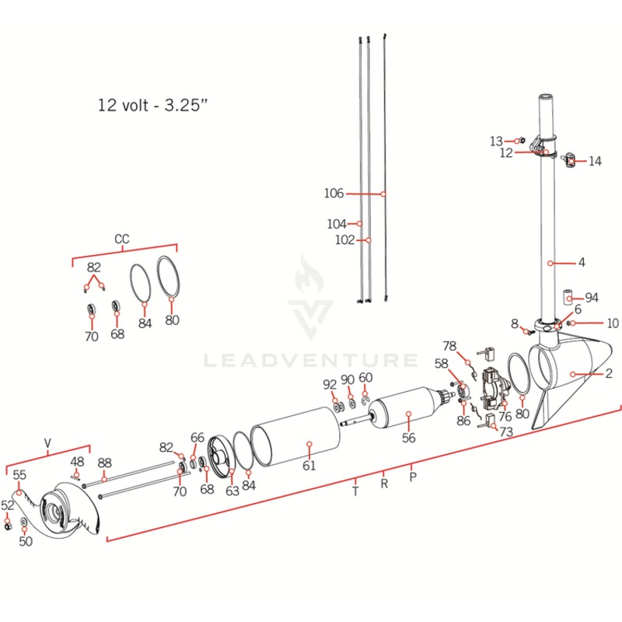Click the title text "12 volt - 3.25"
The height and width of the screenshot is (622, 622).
153,105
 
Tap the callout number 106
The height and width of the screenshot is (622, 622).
334,193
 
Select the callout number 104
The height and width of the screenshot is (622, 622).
336,224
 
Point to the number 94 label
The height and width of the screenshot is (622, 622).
592,298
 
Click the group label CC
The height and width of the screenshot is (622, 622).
122,239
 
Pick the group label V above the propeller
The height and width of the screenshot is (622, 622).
47,444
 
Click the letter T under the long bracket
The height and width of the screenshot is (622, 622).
355,491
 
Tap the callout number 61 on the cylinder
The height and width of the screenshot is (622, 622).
309,465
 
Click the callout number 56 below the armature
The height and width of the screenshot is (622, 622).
409,438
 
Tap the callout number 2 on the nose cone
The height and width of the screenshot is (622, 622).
609,374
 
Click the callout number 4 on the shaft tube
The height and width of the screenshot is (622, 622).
582,262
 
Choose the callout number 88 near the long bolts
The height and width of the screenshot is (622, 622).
104,463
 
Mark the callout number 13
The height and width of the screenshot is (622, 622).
496,141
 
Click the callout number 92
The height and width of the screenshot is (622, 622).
330,383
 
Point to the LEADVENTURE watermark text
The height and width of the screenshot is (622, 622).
310,360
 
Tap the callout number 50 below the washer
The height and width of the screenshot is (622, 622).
26,541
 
